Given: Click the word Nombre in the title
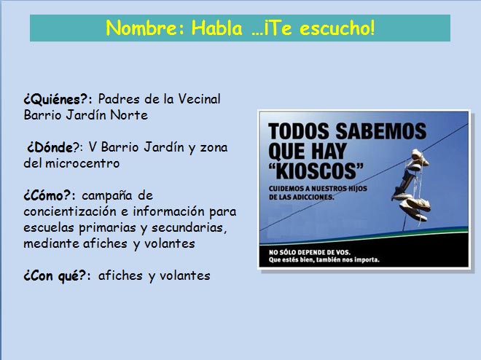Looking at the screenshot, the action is point(141,28).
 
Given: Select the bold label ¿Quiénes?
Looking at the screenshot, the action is point(56,100).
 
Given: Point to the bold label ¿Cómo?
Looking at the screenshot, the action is point(47,195).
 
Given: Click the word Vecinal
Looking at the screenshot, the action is point(200,99).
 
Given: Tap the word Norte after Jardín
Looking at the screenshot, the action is point(129,115).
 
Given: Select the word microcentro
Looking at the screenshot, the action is point(82,163).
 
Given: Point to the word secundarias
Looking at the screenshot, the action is point(189,228).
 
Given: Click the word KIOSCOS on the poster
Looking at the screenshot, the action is point(316,171).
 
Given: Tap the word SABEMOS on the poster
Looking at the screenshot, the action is point(380,131).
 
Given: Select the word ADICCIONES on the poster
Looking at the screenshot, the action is point(313,197).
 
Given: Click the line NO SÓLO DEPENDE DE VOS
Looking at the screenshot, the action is point(310,252).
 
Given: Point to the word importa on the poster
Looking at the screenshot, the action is point(367,260).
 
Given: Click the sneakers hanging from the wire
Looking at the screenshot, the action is point(412,186).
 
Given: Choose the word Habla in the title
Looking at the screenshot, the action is point(217,28).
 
